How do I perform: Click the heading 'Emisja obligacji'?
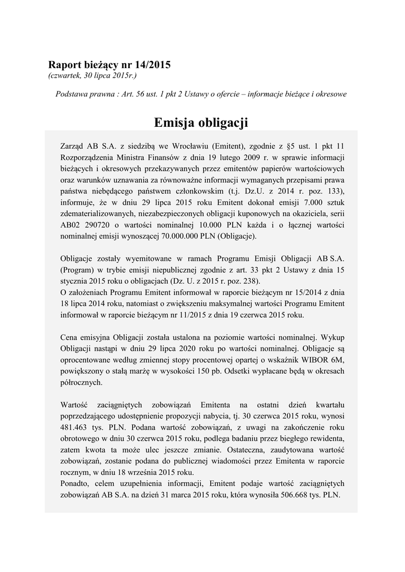coord(201,122)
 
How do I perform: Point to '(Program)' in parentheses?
coord(77,270)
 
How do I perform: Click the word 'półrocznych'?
coord(80,383)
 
